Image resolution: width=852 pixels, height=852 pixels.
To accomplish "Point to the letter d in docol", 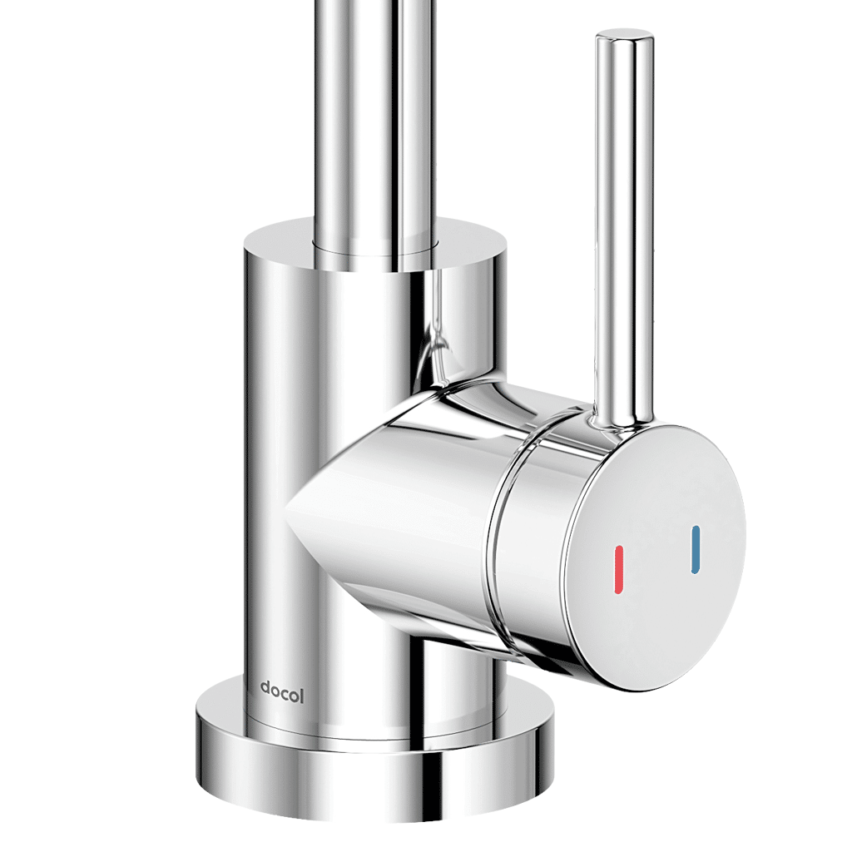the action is [x=265, y=689].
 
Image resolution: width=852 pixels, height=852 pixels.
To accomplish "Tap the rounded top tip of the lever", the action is [x=623, y=38].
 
